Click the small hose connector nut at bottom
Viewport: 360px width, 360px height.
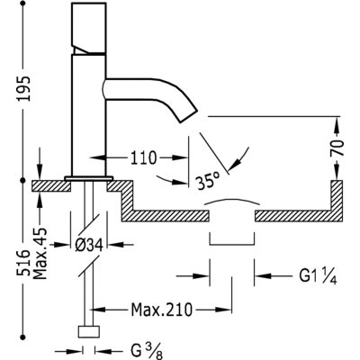point(87,331)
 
